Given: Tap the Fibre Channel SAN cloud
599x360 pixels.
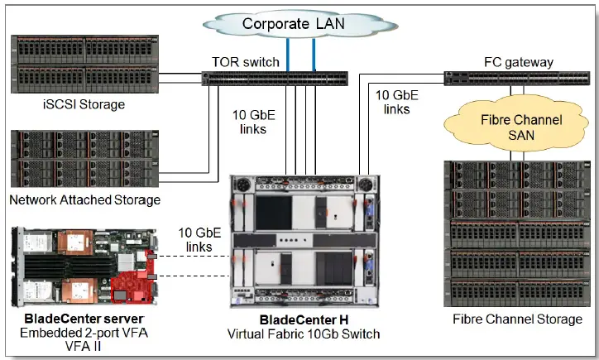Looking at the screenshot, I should pos(513,127).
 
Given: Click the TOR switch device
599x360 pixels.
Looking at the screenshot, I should pos(273,79).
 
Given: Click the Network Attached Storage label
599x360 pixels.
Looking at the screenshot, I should pos(84,199).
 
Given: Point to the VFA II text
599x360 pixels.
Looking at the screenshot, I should pos(83,346).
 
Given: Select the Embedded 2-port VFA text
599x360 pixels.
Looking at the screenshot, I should pos(83,333).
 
